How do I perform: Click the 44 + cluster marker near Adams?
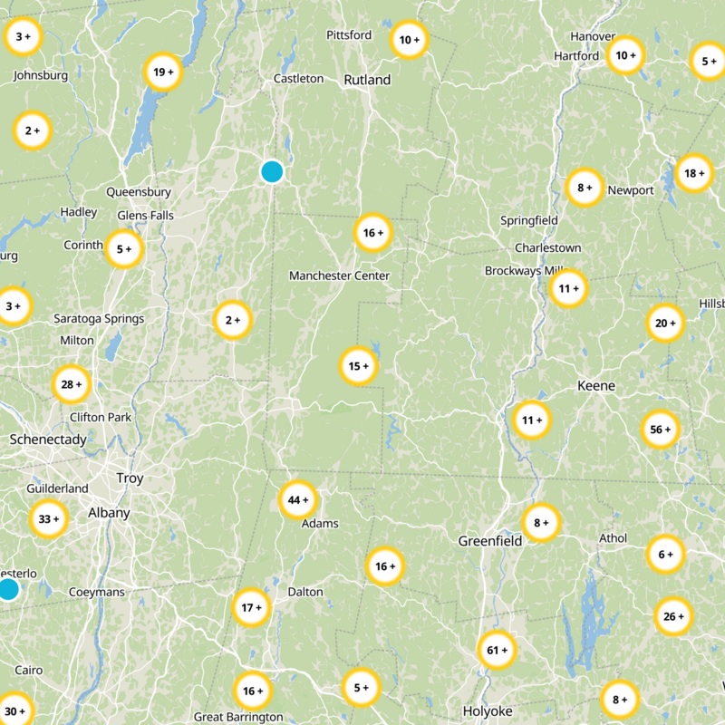tap(298, 500)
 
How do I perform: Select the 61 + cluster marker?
tap(498, 651)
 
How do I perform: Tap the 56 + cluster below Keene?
tap(660, 430)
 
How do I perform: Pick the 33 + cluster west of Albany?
tap(49, 519)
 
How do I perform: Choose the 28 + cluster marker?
tap(72, 384)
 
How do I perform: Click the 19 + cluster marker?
tap(163, 72)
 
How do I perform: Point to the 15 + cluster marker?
tap(359, 367)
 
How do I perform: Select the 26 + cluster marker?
tap(673, 617)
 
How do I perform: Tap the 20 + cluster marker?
tap(665, 324)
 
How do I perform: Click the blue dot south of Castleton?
tap(272, 171)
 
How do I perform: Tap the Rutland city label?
tap(367, 80)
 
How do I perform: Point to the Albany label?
tap(109, 513)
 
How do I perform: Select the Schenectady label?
tap(48, 440)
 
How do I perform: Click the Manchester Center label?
tap(339, 275)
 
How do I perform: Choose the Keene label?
tap(596, 386)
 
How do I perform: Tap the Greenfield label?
tap(490, 541)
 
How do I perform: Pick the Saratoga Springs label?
tap(99, 319)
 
